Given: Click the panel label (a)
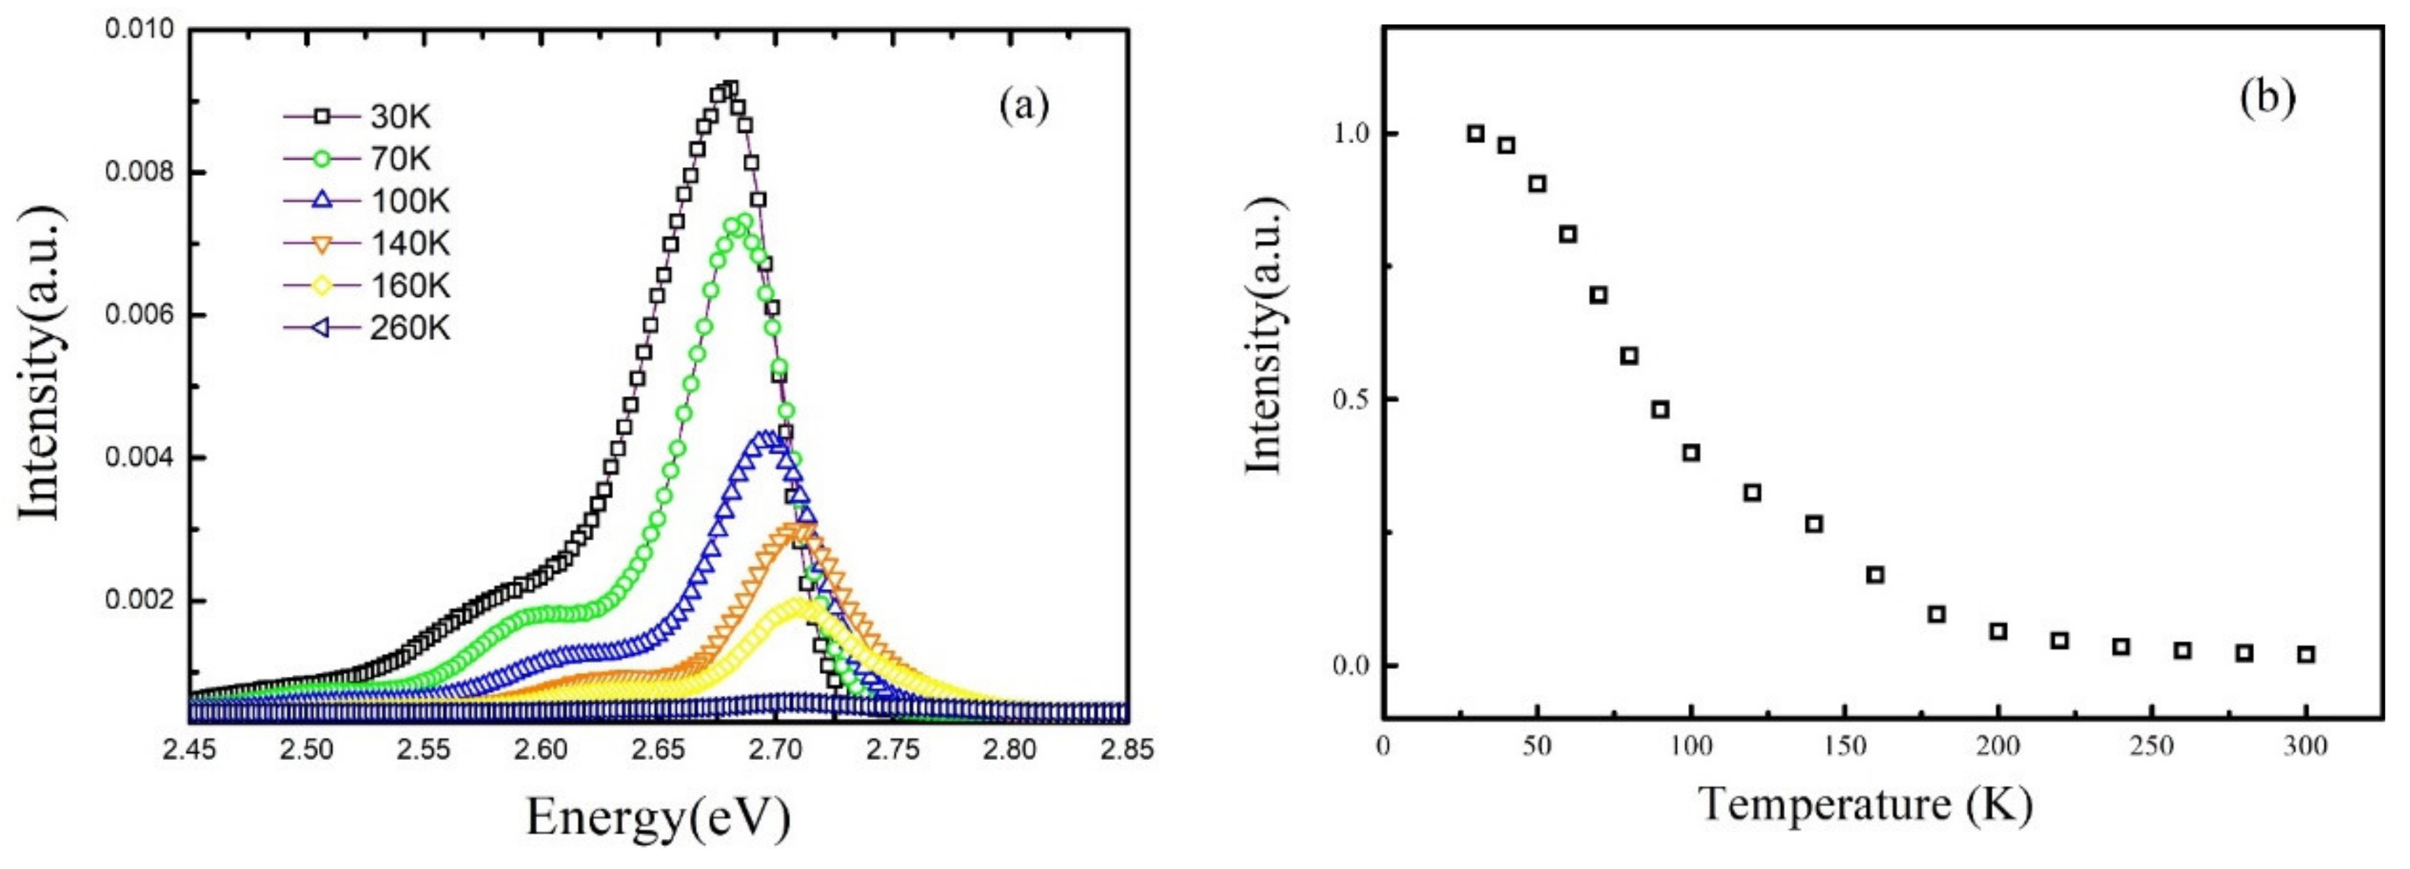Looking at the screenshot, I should pyautogui.click(x=1023, y=105).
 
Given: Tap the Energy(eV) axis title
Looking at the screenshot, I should pyautogui.click(x=658, y=817).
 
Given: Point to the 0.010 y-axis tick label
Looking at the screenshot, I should pyautogui.click(x=139, y=29).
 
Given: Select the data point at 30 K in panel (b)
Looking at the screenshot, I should pyautogui.click(x=1475, y=133).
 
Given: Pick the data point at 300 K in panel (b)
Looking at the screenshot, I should pyautogui.click(x=2306, y=655).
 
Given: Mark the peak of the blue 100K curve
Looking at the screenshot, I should pyautogui.click(x=767, y=436).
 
